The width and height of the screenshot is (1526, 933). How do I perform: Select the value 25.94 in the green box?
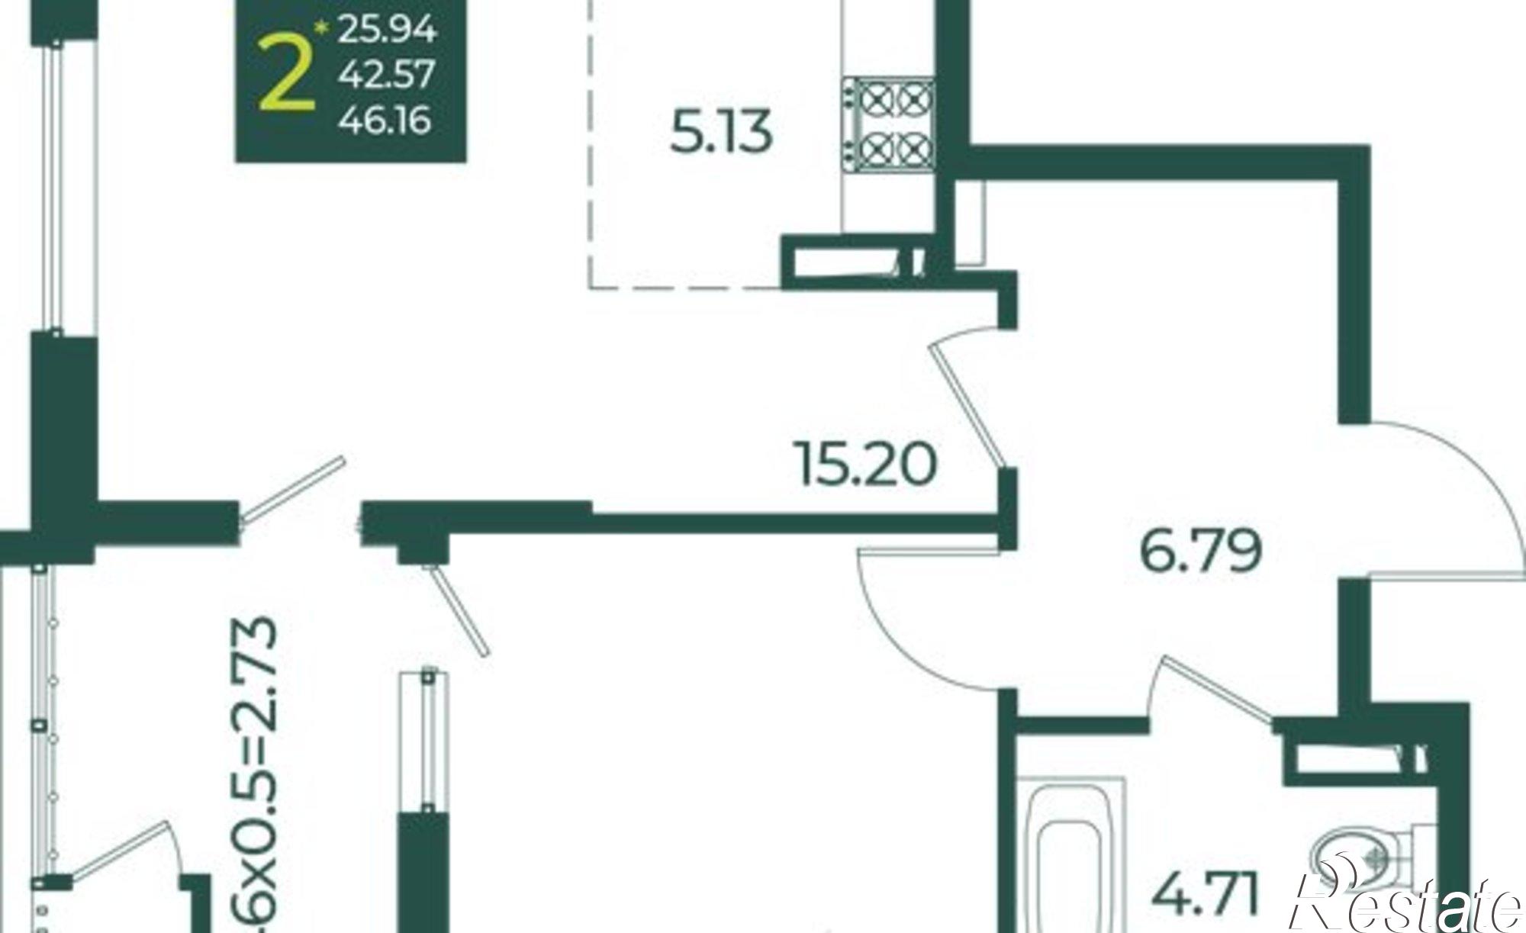pos(387,30)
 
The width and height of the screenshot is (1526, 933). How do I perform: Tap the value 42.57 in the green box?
pos(387,75)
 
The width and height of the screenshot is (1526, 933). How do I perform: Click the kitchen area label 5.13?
pos(721,132)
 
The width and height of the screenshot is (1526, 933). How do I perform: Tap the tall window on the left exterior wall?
pos(57,183)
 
